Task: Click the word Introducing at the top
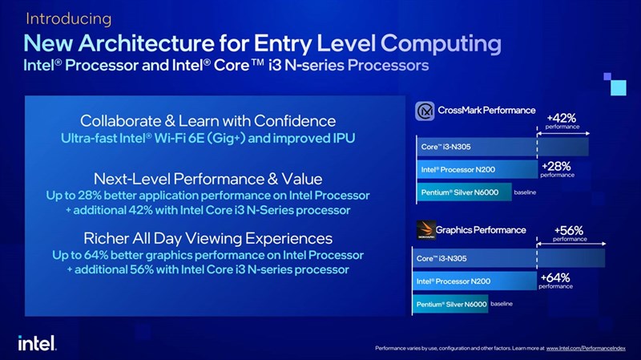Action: tap(67, 18)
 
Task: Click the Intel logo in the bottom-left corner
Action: tap(36, 342)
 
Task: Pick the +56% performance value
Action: tap(569, 230)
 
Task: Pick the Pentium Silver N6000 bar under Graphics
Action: tap(451, 305)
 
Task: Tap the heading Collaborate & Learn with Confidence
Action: tap(208, 121)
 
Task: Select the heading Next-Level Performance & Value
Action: tap(208, 178)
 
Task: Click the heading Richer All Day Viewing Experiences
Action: tap(208, 238)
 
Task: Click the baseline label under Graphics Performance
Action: tap(502, 304)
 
